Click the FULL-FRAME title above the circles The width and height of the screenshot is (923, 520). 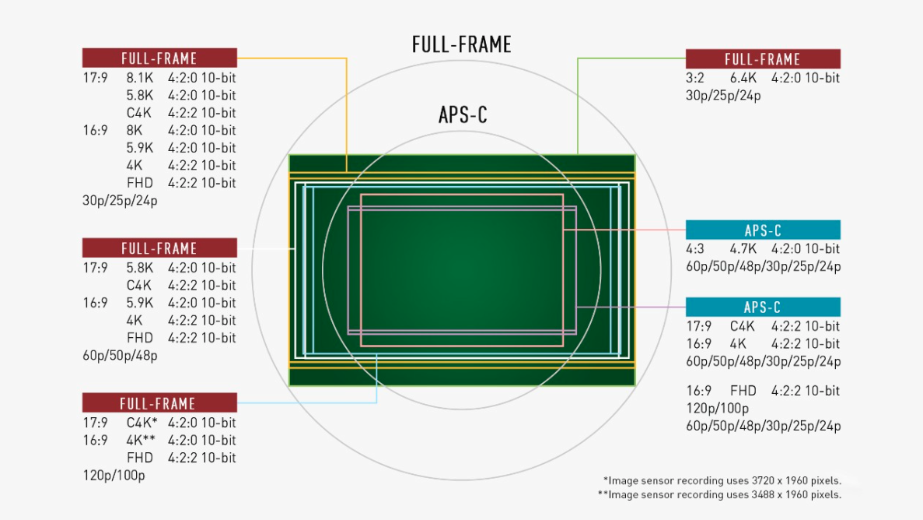coord(462,45)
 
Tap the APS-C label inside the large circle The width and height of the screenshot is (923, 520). coord(463,115)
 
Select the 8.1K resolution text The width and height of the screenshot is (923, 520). coord(139,78)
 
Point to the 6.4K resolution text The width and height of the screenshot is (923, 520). coord(743,78)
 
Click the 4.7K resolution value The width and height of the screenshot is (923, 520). coord(743,249)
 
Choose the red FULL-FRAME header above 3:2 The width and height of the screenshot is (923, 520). coord(763,59)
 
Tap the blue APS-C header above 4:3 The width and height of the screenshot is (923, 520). coord(763,230)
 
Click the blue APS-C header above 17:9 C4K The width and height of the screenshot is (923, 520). coord(763,307)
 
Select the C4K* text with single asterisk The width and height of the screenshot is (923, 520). coord(142,423)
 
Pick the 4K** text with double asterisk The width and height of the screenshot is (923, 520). coord(141,441)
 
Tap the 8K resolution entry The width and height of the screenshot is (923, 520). coord(135,130)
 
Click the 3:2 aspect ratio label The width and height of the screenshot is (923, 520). coord(695,78)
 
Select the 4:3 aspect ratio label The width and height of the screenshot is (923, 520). coord(695,249)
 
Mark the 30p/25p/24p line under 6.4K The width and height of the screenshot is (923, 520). coord(723,96)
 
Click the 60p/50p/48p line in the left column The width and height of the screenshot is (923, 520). coord(120,356)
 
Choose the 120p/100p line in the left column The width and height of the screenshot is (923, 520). coord(114,475)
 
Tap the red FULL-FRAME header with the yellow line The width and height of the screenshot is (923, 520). coord(159,58)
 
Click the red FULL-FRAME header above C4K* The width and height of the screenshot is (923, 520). coord(159,402)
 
